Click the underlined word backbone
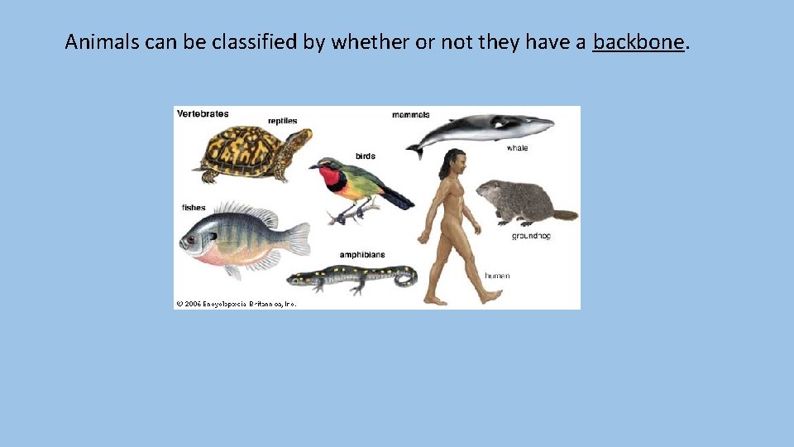pyautogui.click(x=639, y=41)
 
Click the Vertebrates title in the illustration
pyautogui.click(x=203, y=113)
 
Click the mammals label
pyautogui.click(x=410, y=114)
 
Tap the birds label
pyautogui.click(x=365, y=156)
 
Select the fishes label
pyautogui.click(x=194, y=207)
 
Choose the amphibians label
pyautogui.click(x=361, y=254)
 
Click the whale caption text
pyautogui.click(x=517, y=148)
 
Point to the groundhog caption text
pyautogui.click(x=531, y=236)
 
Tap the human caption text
pyautogui.click(x=497, y=276)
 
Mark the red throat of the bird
pyautogui.click(x=332, y=175)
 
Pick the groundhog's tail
pyautogui.click(x=565, y=215)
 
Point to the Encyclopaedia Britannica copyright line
pyautogui.click(x=236, y=304)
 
